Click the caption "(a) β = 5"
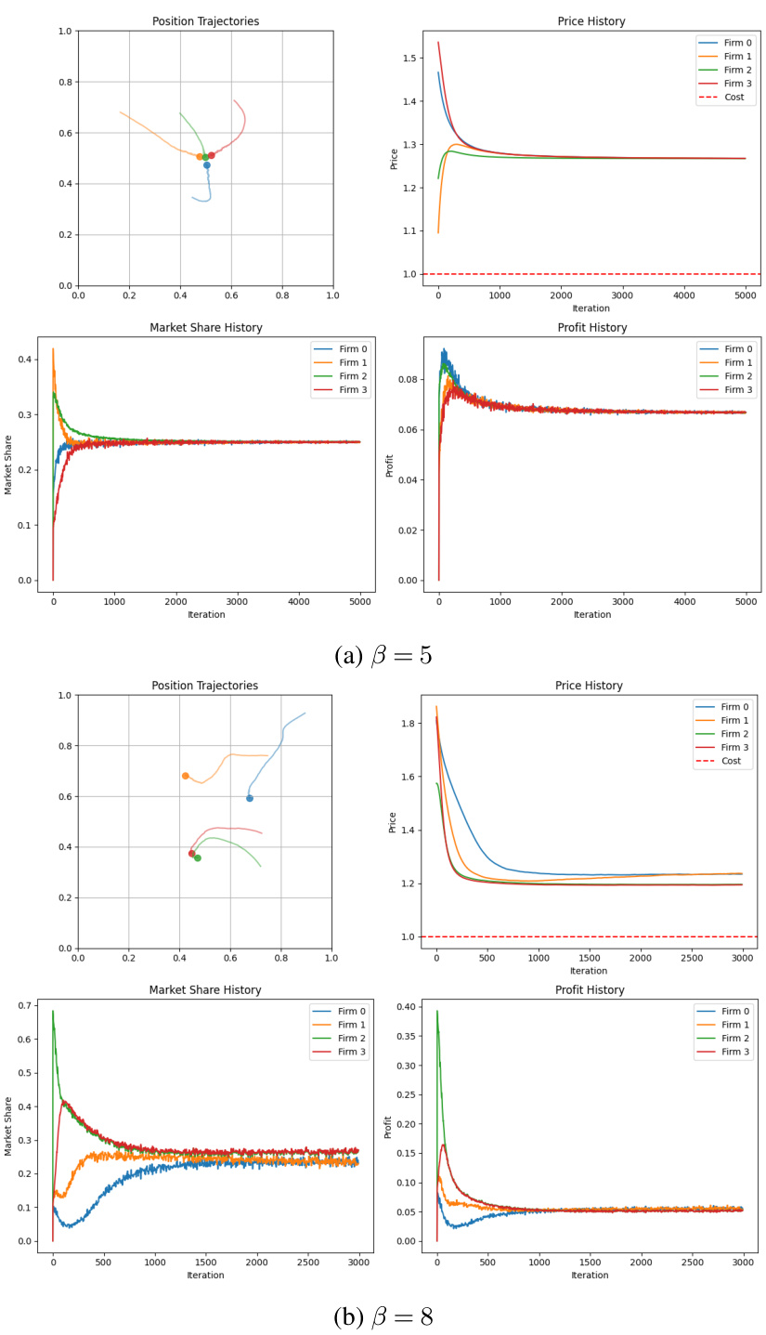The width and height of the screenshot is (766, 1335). [383, 655]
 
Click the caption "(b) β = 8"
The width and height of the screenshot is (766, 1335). [383, 1316]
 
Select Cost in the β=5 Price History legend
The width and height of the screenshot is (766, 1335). [734, 97]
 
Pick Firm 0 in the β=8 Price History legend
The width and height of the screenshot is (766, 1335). [734, 707]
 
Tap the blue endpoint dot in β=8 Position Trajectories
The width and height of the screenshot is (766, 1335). [249, 798]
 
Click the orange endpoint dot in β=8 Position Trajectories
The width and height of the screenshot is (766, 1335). [186, 776]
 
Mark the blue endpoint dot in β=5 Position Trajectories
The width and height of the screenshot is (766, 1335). [207, 165]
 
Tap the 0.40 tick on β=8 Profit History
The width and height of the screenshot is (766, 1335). [406, 1006]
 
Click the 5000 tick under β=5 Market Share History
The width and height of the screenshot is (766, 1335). [359, 602]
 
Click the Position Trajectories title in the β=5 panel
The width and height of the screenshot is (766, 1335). [205, 21]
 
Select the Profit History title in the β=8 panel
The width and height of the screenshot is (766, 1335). [590, 990]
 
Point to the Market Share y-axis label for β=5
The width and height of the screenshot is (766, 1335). [9, 465]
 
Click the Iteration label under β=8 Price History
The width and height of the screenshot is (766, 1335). [589, 971]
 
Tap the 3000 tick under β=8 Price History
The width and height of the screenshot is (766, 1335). [742, 959]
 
